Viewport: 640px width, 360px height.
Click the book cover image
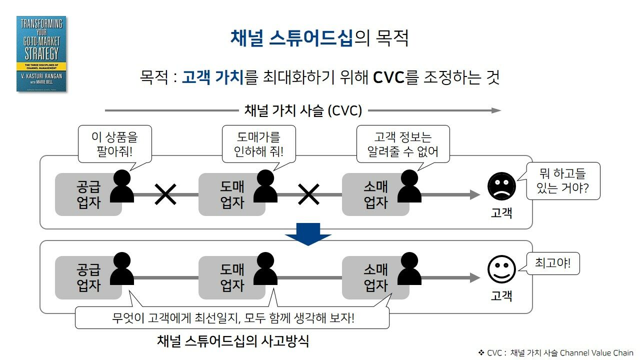pyautogui.click(x=41, y=54)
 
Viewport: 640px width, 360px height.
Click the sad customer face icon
pyautogui.click(x=501, y=186)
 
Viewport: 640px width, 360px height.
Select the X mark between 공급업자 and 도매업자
pyautogui.click(x=165, y=194)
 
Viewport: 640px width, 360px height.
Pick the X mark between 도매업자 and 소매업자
pyautogui.click(x=308, y=194)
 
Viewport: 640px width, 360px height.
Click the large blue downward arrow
pyautogui.click(x=308, y=233)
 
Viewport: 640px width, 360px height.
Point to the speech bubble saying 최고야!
pyautogui.click(x=552, y=262)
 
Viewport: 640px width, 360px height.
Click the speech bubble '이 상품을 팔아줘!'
pyautogui.click(x=114, y=143)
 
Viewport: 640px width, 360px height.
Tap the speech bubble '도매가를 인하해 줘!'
pyautogui.click(x=258, y=143)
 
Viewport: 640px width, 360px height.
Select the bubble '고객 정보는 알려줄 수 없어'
pyautogui.click(x=402, y=143)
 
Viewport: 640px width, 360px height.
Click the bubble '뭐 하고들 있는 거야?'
pyautogui.click(x=562, y=181)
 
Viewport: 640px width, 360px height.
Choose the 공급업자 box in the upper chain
pyautogui.click(x=88, y=194)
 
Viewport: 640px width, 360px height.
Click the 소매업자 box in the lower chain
pyautogui.click(x=375, y=277)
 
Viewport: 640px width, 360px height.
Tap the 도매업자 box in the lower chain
pyautogui.click(x=231, y=277)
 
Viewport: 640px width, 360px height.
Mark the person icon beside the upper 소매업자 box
pyautogui.click(x=409, y=187)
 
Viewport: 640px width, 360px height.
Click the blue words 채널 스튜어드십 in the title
pyautogui.click(x=291, y=38)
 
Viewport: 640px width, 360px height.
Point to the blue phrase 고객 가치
pyautogui.click(x=212, y=77)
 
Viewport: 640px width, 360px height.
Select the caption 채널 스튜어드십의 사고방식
pyautogui.click(x=232, y=341)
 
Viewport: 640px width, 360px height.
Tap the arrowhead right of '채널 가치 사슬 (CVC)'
pyautogui.click(x=496, y=110)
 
